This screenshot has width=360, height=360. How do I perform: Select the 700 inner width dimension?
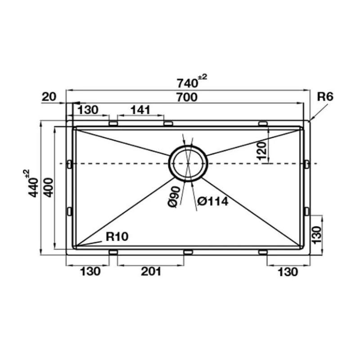point(187,97)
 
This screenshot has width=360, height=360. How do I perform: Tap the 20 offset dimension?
point(49,97)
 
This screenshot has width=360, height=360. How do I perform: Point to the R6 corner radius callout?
point(325,97)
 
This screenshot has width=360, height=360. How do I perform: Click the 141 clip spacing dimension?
point(140,110)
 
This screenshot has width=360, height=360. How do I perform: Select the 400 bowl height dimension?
point(49,187)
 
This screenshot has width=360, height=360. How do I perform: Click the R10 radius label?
point(117,237)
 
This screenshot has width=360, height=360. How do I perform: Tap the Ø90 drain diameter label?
point(174,197)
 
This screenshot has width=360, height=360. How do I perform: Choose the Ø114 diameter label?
point(213,202)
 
